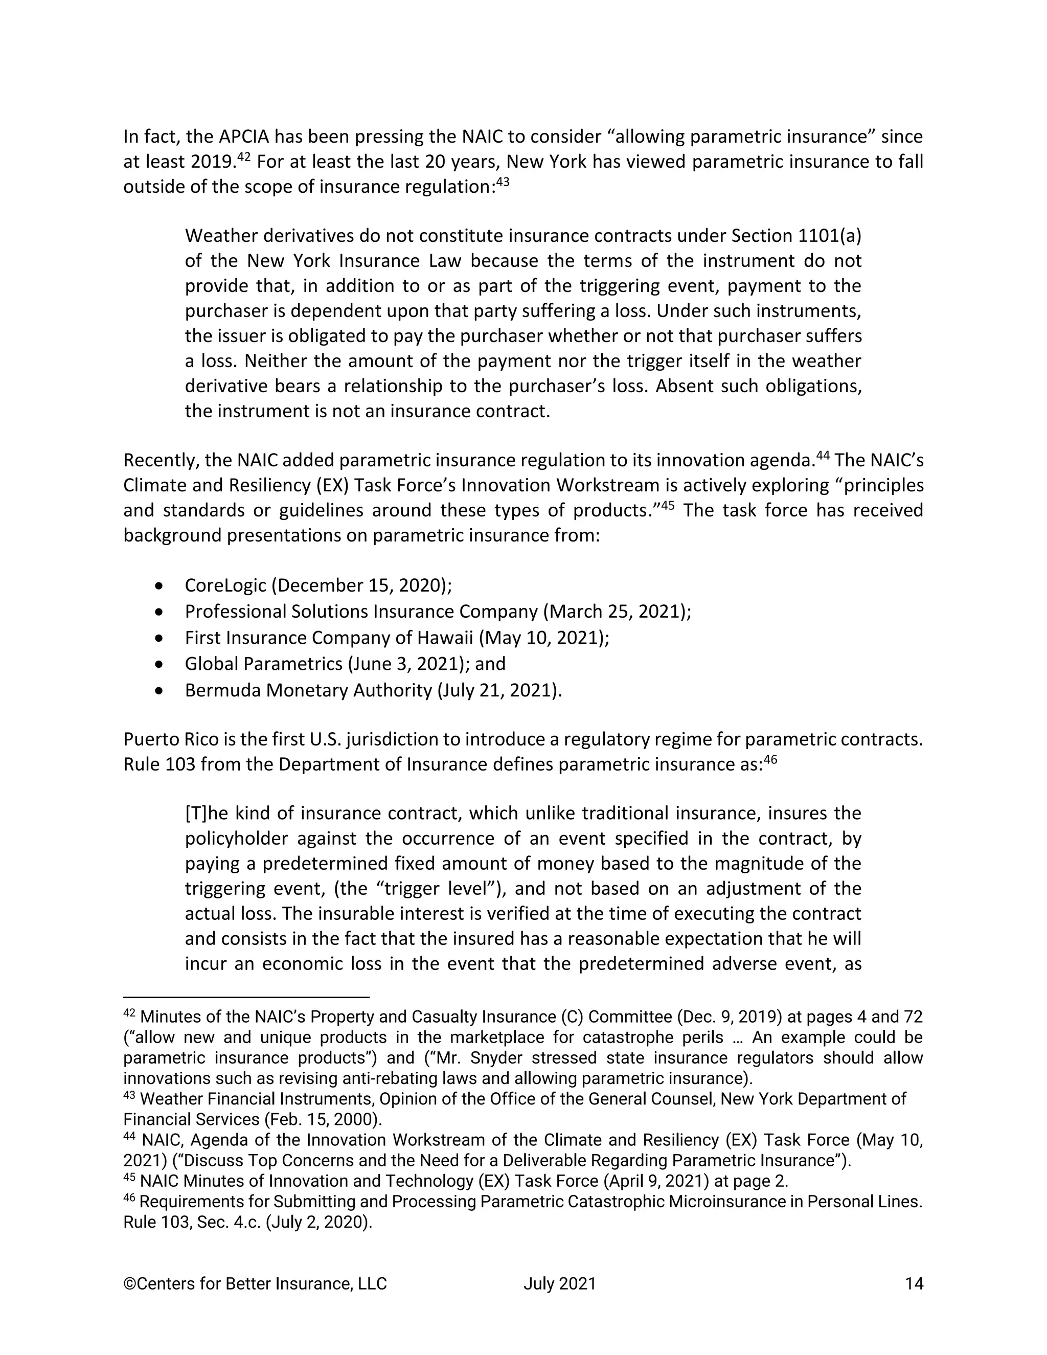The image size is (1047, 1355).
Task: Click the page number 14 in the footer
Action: point(914,1283)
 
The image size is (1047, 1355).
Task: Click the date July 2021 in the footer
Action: point(559,1283)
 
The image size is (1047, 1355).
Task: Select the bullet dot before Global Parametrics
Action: point(160,664)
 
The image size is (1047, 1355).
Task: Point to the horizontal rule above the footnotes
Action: point(246,997)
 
